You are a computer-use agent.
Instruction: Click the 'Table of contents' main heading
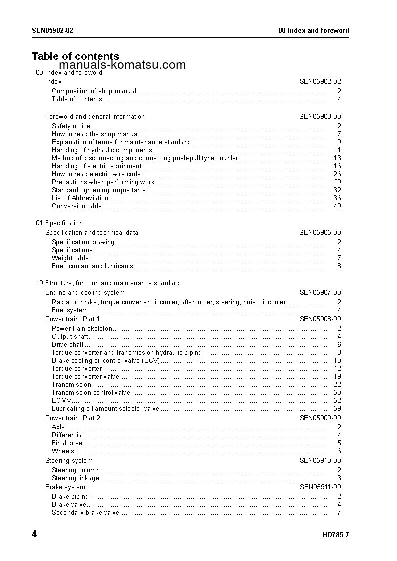pyautogui.click(x=75, y=56)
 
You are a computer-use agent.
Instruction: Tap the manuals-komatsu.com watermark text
pyautogui.click(x=122, y=65)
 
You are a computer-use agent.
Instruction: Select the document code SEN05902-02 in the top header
pyautogui.click(x=53, y=30)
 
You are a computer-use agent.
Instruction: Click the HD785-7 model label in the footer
pyautogui.click(x=336, y=535)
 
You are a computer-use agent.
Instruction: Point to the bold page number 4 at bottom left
pyautogui.click(x=34, y=534)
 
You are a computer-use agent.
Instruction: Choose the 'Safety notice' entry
pyautogui.click(x=71, y=126)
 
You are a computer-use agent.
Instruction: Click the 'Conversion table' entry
pyautogui.click(x=77, y=206)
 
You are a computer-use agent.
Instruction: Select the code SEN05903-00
pyautogui.click(x=320, y=117)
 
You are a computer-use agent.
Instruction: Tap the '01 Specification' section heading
pyautogui.click(x=59, y=223)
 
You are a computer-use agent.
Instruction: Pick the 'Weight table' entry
pyautogui.click(x=70, y=258)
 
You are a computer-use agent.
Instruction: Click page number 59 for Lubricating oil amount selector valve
pyautogui.click(x=337, y=408)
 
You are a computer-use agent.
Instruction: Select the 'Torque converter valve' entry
pyautogui.click(x=85, y=376)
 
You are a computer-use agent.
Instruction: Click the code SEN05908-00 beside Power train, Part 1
pyautogui.click(x=320, y=319)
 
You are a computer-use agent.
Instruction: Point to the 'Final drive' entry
pyautogui.click(x=67, y=443)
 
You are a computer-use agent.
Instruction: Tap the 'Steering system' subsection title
pyautogui.click(x=69, y=461)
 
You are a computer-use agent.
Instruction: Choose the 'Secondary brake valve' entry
pyautogui.click(x=85, y=512)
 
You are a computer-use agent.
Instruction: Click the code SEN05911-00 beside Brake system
pyautogui.click(x=320, y=487)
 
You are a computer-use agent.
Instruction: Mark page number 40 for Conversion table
pyautogui.click(x=337, y=206)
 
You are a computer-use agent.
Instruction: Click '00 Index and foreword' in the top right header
pyautogui.click(x=314, y=30)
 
